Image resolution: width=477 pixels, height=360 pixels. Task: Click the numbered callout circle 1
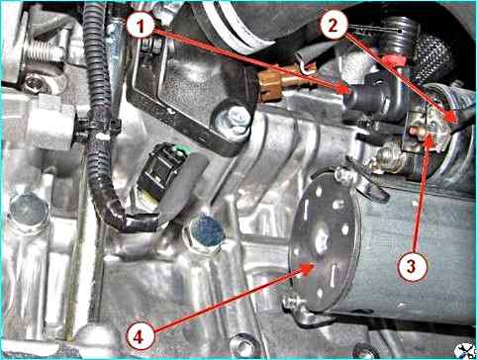[141, 27]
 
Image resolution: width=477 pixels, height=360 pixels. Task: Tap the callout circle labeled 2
[334, 26]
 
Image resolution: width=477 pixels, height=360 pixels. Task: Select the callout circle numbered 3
[412, 266]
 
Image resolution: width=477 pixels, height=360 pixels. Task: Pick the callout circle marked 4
[141, 336]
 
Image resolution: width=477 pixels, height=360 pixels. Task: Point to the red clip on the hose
[395, 61]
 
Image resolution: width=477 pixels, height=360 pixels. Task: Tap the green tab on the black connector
[184, 149]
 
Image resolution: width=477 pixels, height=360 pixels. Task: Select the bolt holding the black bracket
[234, 121]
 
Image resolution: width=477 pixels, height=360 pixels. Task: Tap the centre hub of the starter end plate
[322, 242]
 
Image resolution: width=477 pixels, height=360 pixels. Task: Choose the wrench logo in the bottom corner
[465, 350]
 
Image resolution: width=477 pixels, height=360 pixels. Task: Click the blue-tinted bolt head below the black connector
[207, 232]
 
